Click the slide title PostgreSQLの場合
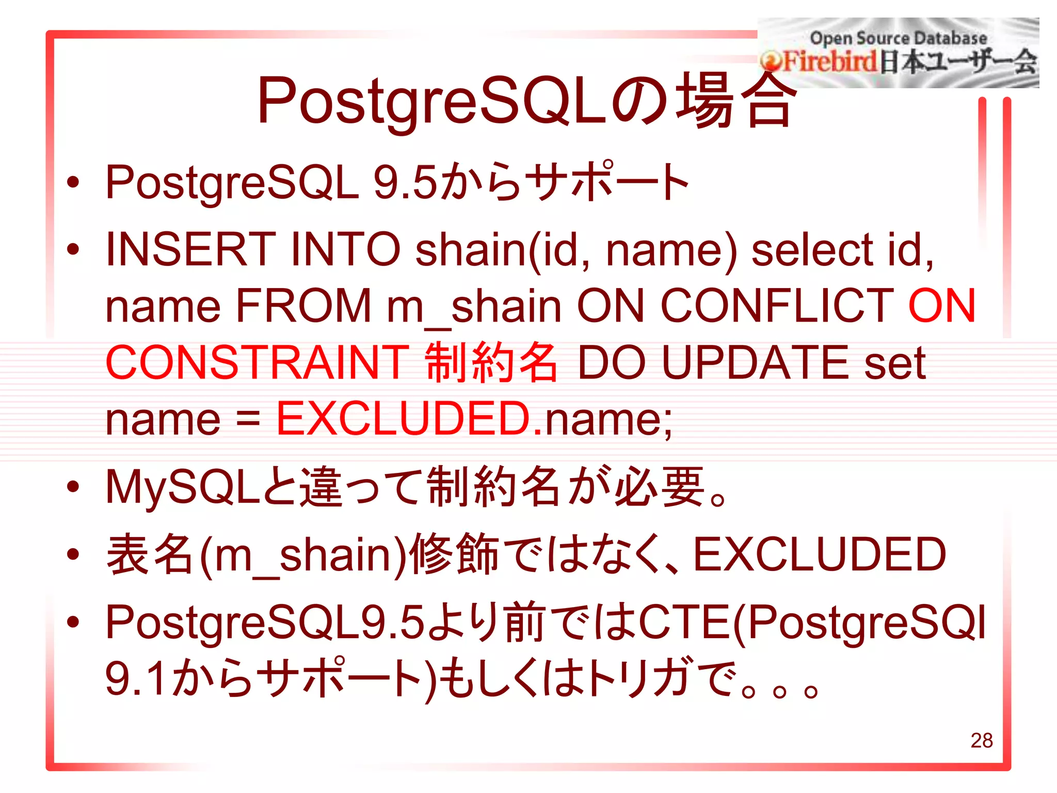[526, 101]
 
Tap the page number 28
[981, 740]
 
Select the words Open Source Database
[898, 38]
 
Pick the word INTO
[345, 249]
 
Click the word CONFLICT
[777, 306]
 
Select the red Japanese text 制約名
[491, 362]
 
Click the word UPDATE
[755, 362]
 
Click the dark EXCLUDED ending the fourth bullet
[819, 554]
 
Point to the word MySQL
[183, 487]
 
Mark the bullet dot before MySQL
[73, 486]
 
